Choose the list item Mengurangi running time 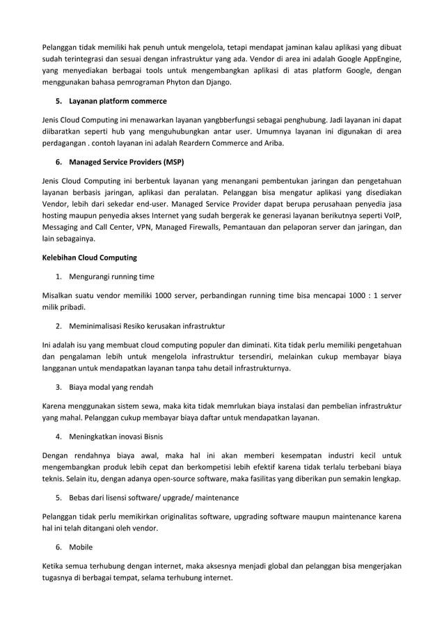111,276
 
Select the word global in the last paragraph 279,565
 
